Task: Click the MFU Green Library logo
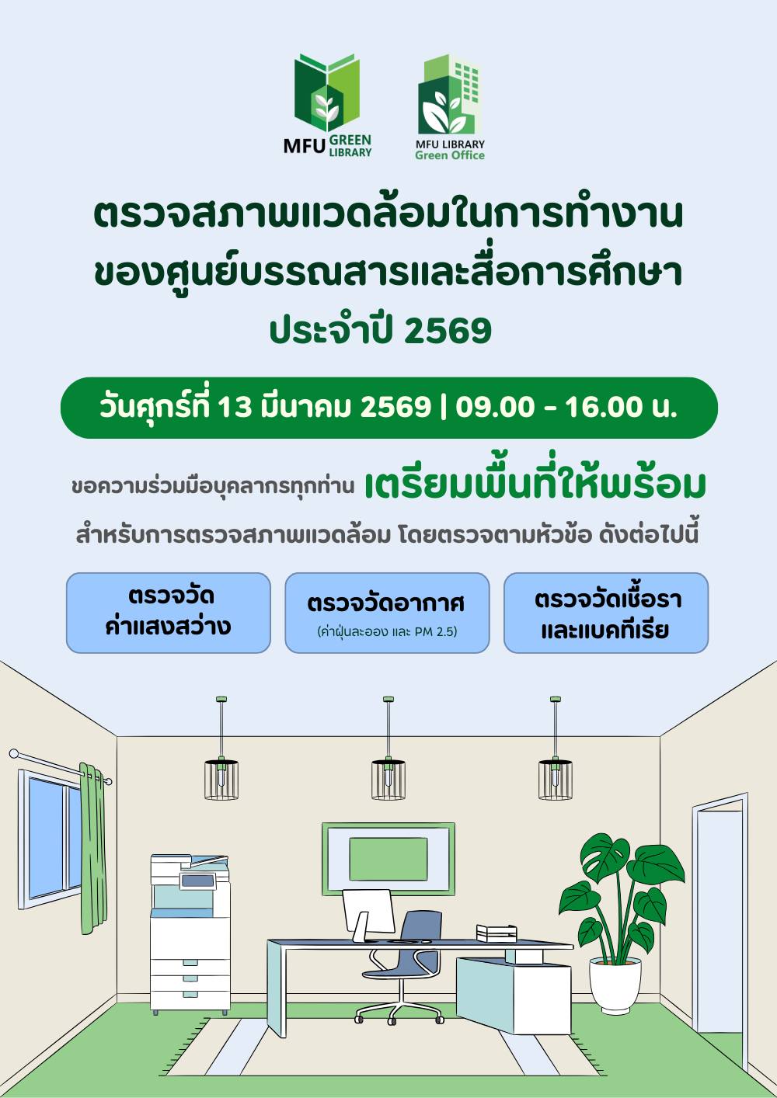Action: (x=327, y=106)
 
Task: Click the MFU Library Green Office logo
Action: (x=450, y=107)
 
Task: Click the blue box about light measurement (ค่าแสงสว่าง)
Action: (x=168, y=613)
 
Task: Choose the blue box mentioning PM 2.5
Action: (x=387, y=613)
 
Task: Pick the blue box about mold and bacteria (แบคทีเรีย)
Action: (x=606, y=613)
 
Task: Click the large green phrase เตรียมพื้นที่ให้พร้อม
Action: (x=535, y=485)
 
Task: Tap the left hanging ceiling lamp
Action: (x=221, y=778)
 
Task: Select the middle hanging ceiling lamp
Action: (x=388, y=778)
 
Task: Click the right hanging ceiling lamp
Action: (x=555, y=778)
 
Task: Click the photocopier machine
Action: (x=190, y=932)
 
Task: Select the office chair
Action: (x=404, y=963)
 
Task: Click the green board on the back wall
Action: (x=388, y=859)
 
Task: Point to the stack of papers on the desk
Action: (x=497, y=932)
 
